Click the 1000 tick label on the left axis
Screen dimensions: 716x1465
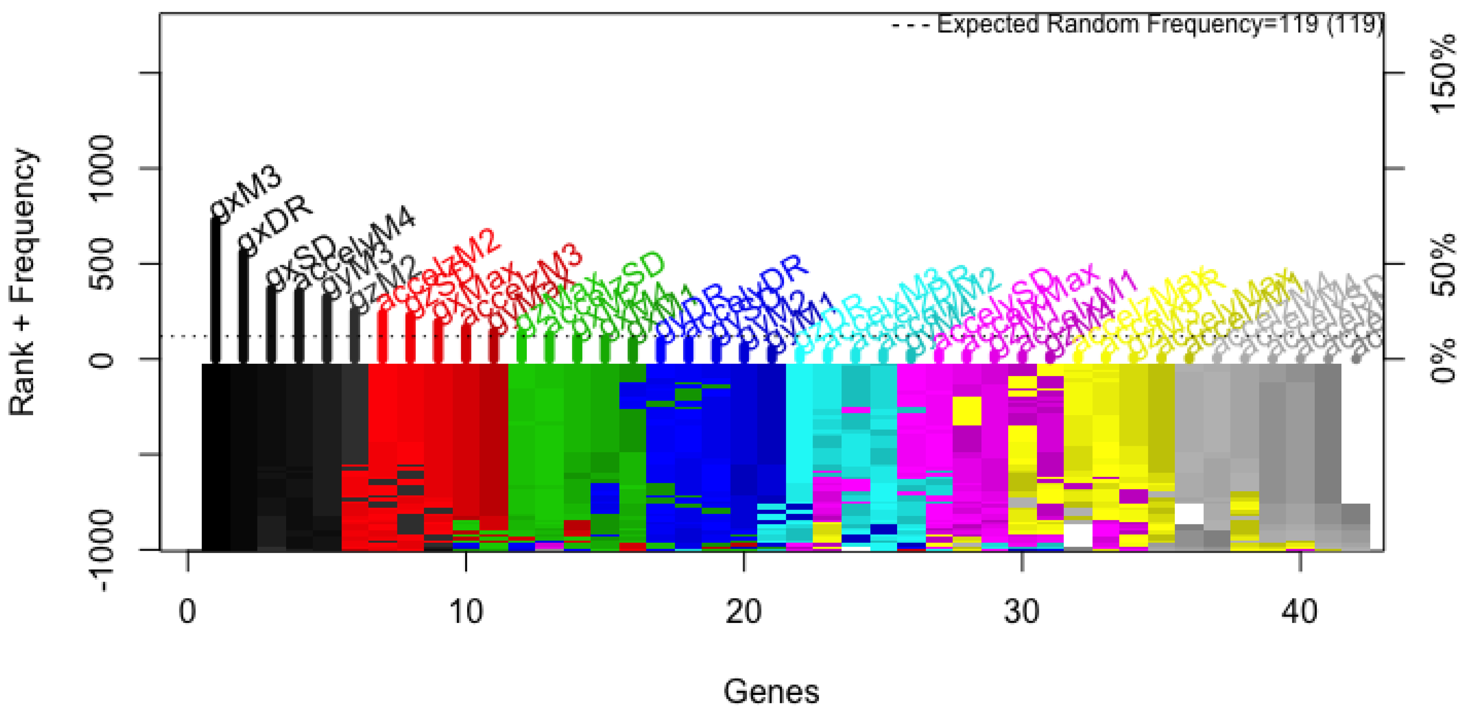(102, 168)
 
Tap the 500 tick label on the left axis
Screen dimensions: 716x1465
(102, 264)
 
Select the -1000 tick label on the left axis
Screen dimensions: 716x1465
(102, 551)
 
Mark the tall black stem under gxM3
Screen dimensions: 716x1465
(216, 290)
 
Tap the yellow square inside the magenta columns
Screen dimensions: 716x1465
(966, 411)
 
